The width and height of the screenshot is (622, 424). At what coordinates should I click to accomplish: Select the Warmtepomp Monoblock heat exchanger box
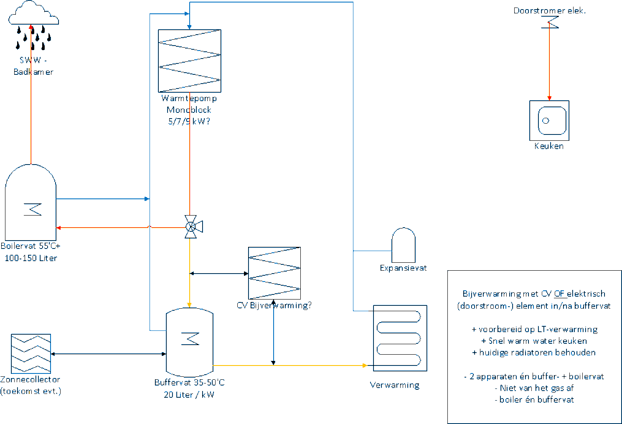(189, 61)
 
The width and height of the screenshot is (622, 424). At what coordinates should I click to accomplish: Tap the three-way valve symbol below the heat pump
(191, 227)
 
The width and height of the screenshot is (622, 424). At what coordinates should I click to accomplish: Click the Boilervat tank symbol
(30, 203)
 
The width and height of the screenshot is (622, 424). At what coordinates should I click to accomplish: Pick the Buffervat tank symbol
(190, 342)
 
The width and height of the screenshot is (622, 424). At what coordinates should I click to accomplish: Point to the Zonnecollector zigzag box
(31, 353)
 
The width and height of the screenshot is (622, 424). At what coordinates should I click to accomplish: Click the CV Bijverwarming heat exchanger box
(274, 273)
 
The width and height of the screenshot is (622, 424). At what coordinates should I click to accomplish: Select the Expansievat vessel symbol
(404, 245)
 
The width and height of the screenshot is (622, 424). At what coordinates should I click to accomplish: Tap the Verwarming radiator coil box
(400, 338)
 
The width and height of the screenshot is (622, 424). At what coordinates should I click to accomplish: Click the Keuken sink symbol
(549, 120)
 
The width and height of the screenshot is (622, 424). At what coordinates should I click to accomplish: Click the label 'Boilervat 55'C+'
(30, 246)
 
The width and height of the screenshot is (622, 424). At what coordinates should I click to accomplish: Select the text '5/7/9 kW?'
(189, 122)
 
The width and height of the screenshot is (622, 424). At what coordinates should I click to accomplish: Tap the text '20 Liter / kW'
(189, 395)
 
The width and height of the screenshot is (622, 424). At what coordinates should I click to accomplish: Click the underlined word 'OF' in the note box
(559, 294)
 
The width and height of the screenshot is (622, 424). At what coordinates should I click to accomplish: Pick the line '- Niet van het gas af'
(534, 388)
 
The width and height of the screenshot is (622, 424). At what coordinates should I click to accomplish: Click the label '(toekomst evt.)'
(30, 391)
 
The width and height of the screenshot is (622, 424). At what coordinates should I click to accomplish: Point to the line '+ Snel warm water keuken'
(534, 341)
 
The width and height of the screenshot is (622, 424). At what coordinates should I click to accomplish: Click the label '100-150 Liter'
(30, 258)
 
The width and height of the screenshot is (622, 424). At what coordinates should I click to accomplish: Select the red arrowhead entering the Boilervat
(59, 228)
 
